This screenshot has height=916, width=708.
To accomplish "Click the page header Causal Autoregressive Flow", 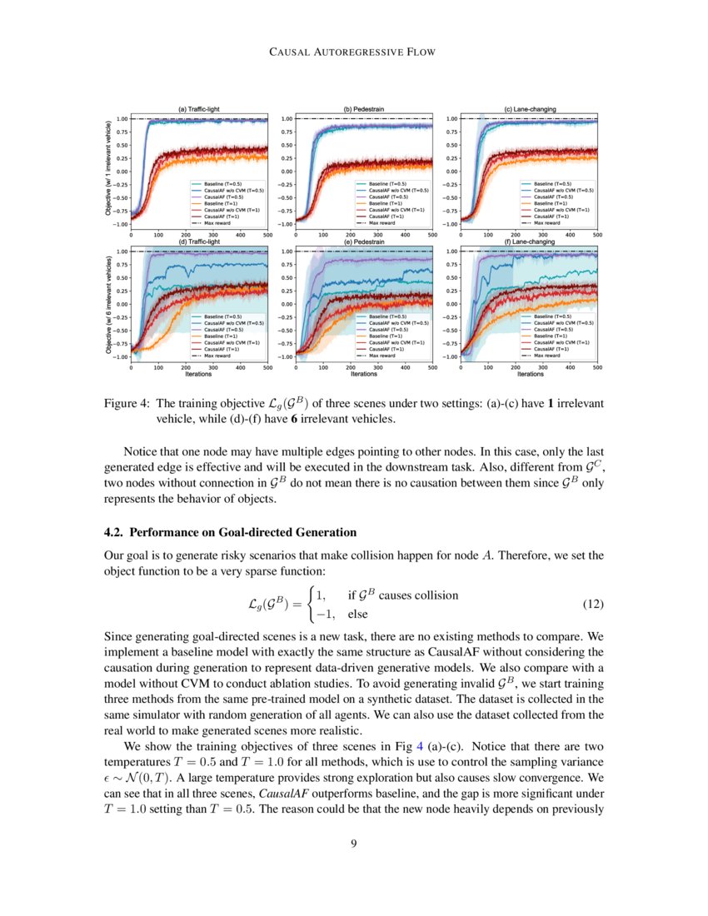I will (x=354, y=52).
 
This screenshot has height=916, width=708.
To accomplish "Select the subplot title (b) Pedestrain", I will (x=364, y=109).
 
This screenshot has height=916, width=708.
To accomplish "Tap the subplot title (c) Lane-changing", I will (x=530, y=109).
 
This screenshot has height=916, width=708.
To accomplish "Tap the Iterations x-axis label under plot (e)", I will (x=364, y=374).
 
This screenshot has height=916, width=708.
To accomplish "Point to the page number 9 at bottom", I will (x=354, y=844).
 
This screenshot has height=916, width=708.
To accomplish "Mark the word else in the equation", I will (x=357, y=615).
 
